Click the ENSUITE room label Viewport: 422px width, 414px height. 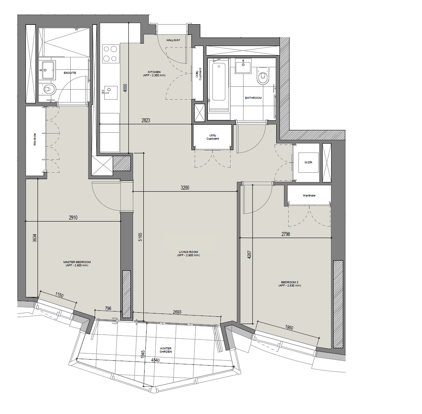(70, 73)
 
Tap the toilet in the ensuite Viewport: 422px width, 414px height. (48, 89)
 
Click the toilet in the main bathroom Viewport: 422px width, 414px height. (262, 75)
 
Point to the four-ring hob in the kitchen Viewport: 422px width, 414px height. (111, 53)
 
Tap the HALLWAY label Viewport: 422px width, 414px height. (173, 40)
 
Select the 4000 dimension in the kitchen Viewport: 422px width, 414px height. (125, 88)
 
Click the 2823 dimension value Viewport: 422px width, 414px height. (146, 121)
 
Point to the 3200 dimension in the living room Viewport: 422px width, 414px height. (185, 188)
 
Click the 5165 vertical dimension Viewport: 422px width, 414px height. (140, 237)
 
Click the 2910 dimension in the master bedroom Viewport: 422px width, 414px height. (73, 217)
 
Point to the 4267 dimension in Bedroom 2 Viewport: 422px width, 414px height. (249, 255)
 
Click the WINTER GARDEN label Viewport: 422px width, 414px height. (166, 350)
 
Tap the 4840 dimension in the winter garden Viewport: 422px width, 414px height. (155, 360)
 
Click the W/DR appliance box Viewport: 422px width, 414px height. (308, 163)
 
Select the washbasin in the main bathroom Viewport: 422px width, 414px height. (243, 66)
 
